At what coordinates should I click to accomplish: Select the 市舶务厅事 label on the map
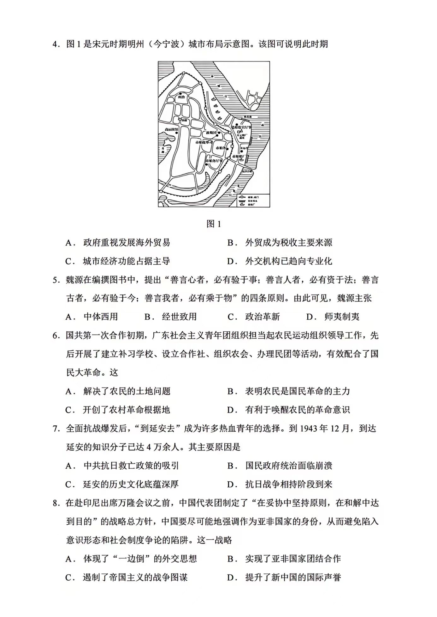214,161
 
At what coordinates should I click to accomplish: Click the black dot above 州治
180,93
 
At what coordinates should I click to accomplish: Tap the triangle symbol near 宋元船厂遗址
241,130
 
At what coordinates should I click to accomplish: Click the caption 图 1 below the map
214,224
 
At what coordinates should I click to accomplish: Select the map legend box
253,200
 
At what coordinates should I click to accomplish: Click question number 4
56,44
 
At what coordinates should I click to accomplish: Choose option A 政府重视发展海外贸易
126,243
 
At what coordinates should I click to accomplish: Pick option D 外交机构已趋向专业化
288,261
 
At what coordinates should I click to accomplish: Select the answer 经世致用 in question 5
179,317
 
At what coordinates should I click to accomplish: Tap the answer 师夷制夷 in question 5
342,317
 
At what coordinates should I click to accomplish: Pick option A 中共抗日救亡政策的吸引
131,466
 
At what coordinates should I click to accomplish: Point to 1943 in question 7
308,429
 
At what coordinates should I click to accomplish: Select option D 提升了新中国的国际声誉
293,578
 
